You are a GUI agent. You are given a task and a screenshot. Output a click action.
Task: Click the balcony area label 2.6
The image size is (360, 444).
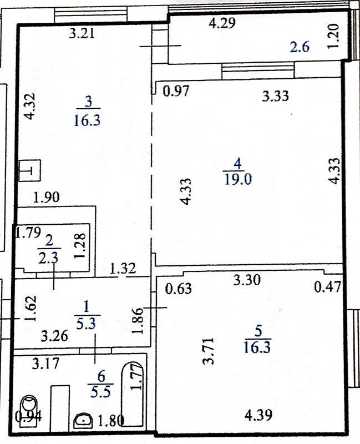coord(300,47)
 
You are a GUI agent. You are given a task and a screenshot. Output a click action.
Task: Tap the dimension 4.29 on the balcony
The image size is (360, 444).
coord(222,23)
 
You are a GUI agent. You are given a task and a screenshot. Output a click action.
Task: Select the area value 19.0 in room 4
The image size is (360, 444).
coord(238,179)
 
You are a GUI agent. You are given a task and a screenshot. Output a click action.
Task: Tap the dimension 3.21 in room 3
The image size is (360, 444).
coord(82,34)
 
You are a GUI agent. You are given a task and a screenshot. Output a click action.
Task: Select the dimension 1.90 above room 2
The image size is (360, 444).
coord(46,197)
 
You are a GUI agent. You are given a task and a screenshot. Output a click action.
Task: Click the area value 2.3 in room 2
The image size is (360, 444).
coord(48,258)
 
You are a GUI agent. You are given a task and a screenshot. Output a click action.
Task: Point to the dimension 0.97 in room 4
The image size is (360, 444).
coord(176,91)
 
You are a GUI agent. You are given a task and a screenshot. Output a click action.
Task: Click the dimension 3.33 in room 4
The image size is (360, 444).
coord(275,96)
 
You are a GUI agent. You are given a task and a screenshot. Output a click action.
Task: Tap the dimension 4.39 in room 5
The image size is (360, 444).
coord(258,415)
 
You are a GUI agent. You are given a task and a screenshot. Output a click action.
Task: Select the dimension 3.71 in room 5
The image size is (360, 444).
coord(209,351)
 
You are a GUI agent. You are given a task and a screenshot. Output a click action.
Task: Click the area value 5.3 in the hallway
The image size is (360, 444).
coord(86,324)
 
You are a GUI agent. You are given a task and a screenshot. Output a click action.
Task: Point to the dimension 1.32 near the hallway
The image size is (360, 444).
coord(123,269)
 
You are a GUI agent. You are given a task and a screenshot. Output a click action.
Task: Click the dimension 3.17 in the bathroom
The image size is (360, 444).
coord(45,364)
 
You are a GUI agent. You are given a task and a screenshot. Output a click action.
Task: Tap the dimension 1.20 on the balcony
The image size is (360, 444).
coord(333,36)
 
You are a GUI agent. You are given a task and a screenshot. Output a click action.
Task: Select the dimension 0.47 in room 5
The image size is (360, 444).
coord(327,287)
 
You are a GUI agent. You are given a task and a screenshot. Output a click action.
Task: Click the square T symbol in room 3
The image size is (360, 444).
coord(30,170)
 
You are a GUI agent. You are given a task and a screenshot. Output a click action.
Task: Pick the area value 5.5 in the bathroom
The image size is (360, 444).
coord(101,392)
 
